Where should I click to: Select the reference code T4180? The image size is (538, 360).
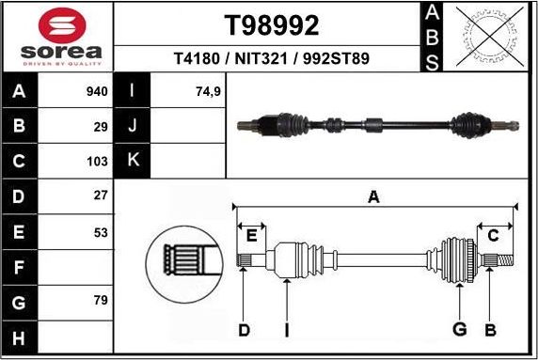click(196, 58)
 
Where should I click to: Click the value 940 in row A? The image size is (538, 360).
click(97, 91)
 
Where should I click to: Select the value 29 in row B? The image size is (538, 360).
click(101, 125)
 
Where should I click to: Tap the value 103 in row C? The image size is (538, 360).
click(98, 160)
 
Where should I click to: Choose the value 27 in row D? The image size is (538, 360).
click(101, 196)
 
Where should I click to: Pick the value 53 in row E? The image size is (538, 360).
click(101, 231)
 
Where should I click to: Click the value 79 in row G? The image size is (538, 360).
click(101, 301)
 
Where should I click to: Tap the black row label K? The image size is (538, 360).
click(133, 160)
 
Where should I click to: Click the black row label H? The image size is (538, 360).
click(20, 337)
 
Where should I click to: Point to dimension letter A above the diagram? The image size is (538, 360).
click(373, 196)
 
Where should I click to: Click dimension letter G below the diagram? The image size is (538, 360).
click(460, 329)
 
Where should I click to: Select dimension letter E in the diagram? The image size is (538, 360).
click(251, 235)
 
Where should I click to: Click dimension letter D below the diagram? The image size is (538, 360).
click(243, 329)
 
